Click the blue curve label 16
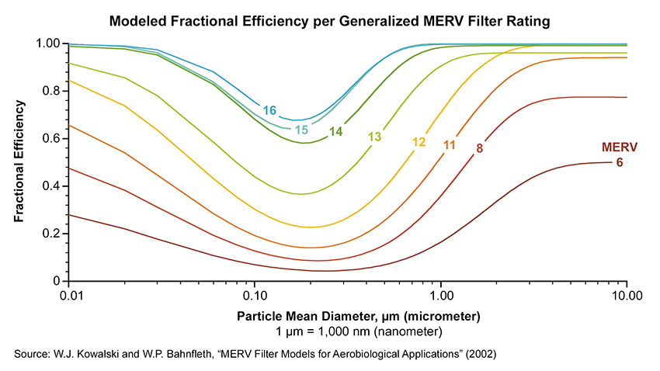269,110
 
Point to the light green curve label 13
374,137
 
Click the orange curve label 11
449,144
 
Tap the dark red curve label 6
619,162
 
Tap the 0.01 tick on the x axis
71,296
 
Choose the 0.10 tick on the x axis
255,296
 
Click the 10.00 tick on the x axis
625,296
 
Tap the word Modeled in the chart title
137,21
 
